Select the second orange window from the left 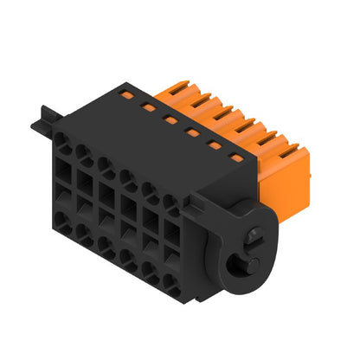tap(148, 106)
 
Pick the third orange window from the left tap(170, 120)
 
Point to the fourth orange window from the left tap(192, 133)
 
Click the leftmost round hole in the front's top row tap(61, 139)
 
